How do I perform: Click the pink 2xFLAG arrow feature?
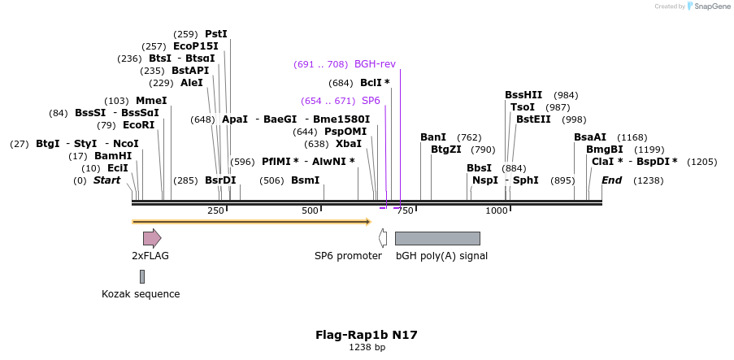tap(152, 238)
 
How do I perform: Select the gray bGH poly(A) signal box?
tap(437, 238)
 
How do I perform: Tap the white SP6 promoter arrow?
tap(383, 238)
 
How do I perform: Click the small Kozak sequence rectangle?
tap(141, 276)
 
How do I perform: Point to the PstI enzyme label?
tap(216, 34)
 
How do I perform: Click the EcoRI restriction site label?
tap(138, 125)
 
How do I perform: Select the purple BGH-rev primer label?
tap(375, 63)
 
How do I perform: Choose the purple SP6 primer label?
tap(371, 101)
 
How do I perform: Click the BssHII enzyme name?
tap(523, 95)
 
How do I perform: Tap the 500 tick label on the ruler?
tap(310, 210)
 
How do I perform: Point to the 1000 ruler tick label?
tap(497, 210)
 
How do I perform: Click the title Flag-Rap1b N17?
tap(367, 334)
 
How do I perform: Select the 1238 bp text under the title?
tap(367, 347)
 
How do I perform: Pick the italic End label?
tap(611, 180)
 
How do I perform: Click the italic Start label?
tap(106, 180)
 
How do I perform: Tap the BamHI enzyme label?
tap(113, 156)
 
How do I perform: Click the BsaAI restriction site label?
tap(590, 137)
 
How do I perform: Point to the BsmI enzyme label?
tap(306, 180)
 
